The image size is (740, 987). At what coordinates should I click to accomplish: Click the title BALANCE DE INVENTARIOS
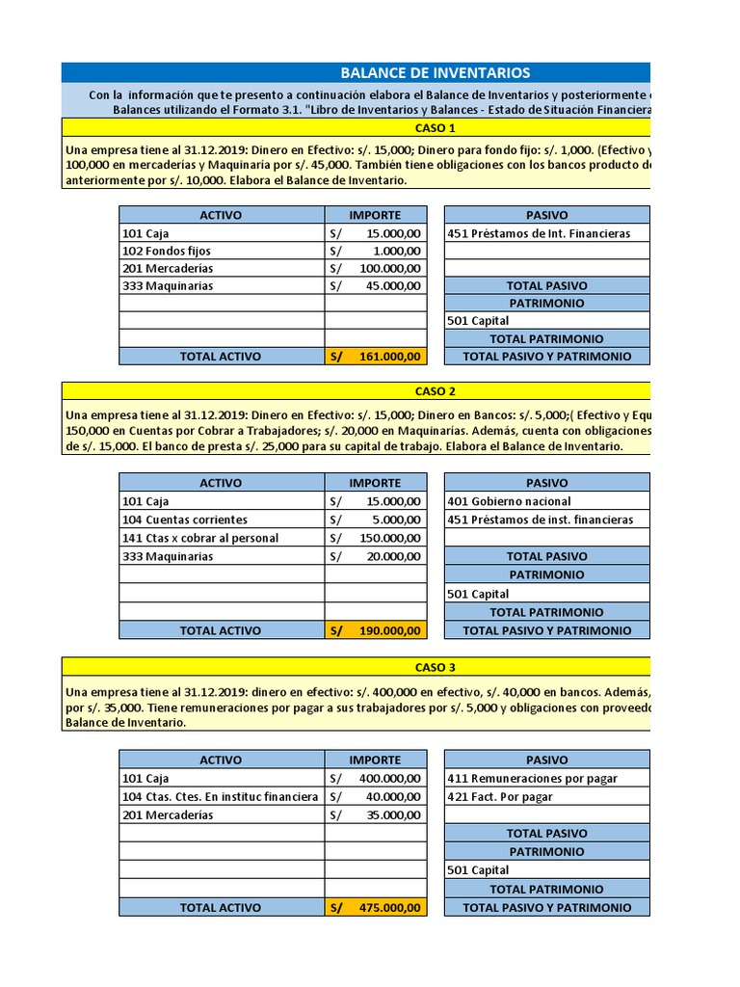(435, 73)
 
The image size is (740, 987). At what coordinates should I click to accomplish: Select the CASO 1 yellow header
(435, 128)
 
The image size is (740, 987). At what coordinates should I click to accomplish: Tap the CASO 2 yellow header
(435, 391)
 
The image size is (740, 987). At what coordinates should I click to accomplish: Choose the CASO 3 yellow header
(435, 667)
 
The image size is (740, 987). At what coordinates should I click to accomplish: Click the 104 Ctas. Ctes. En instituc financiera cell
(221, 796)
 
